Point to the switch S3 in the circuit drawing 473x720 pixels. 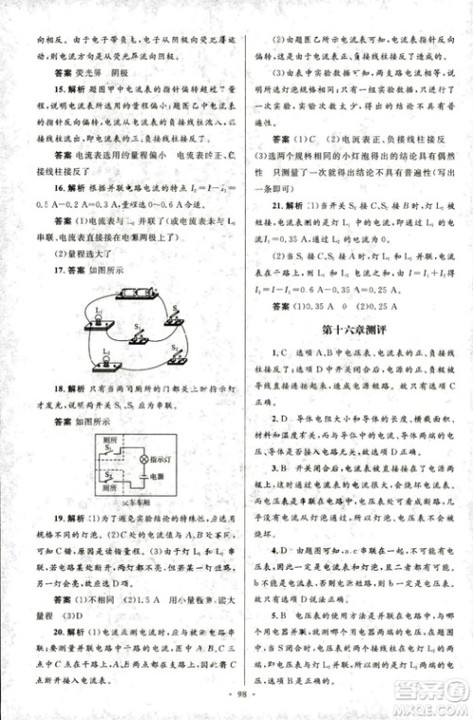point(173,351)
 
